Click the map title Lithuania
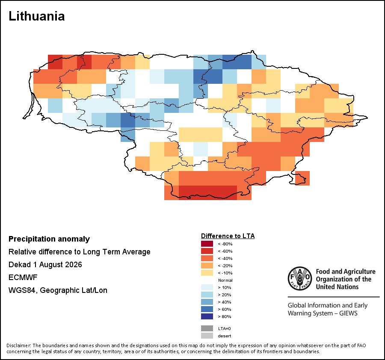(37, 16)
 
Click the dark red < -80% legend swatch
(207, 244)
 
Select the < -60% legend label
(225, 251)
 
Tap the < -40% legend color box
(207, 258)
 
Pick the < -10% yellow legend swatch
(207, 273)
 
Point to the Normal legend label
(225, 280)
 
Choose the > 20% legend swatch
(207, 295)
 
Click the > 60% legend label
(225, 309)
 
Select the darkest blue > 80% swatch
(207, 316)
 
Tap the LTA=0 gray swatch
(207, 328)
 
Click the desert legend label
(225, 336)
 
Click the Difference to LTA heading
(228, 236)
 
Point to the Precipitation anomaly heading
(49, 239)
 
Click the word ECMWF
(23, 277)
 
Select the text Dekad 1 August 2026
(45, 265)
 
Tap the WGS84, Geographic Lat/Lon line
(58, 290)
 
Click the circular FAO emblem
(300, 278)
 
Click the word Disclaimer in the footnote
(18, 345)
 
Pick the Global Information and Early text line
(328, 305)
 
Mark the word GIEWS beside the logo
(348, 313)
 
